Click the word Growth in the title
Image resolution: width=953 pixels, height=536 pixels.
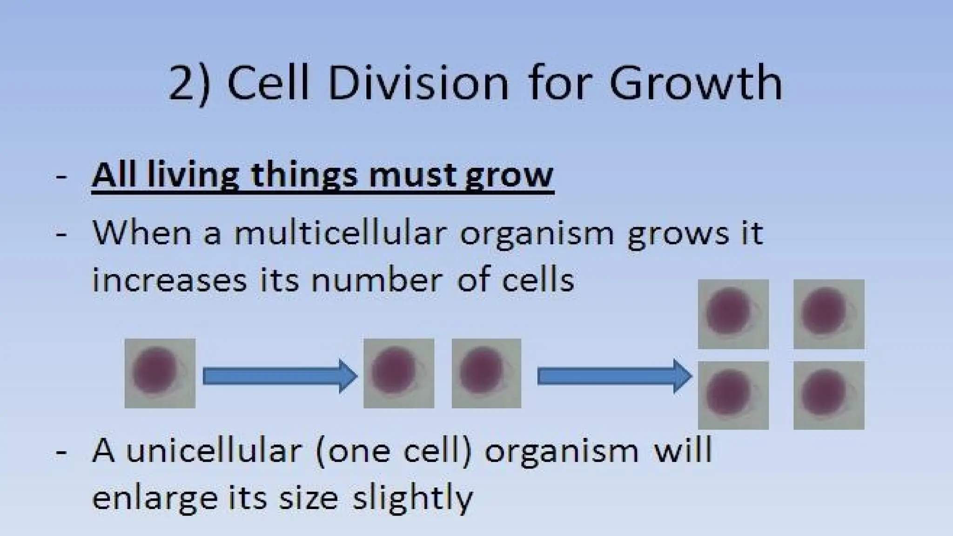point(696,84)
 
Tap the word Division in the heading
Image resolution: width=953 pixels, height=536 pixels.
point(418,84)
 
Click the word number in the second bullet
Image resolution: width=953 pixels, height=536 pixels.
point(376,281)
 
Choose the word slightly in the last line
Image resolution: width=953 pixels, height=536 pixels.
point(412,499)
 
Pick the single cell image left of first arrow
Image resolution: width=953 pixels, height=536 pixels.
point(160,374)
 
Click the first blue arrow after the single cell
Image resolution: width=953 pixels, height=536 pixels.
point(280,376)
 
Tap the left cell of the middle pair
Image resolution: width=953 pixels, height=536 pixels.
point(399,374)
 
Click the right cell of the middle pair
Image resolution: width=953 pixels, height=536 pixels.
point(486,374)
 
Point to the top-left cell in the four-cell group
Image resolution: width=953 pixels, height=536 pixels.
point(733,314)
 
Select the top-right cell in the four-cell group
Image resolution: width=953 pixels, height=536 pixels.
point(829,314)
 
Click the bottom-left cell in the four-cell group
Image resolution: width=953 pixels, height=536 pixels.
point(733,395)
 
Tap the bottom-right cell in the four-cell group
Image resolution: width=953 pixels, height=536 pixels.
point(829,395)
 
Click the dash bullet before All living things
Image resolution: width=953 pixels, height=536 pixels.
point(61,177)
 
